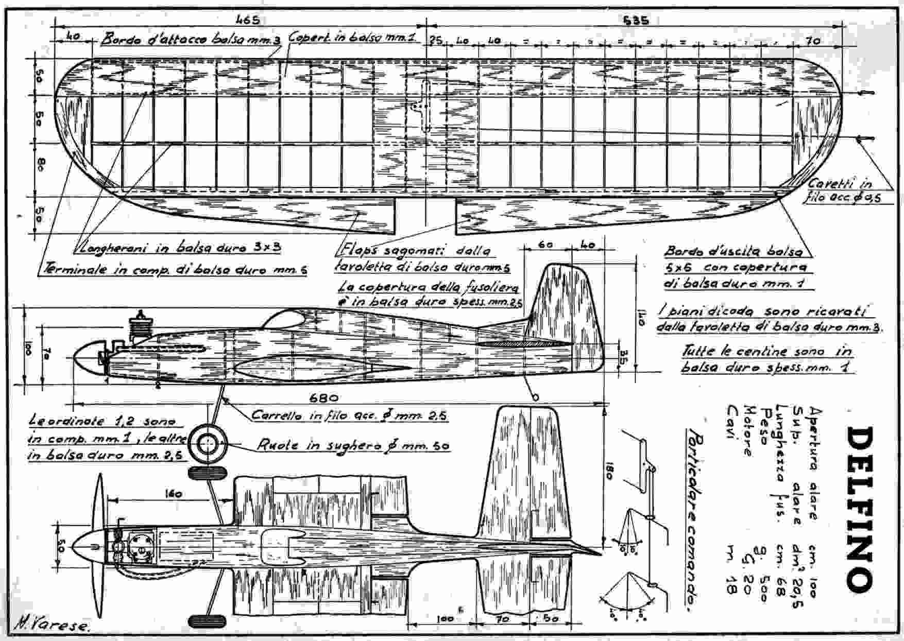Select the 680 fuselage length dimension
point(325,397)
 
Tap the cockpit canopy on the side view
point(284,320)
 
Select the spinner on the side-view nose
point(85,359)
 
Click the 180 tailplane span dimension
point(608,469)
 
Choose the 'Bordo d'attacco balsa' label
point(191,41)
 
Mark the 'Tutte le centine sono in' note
point(767,351)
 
